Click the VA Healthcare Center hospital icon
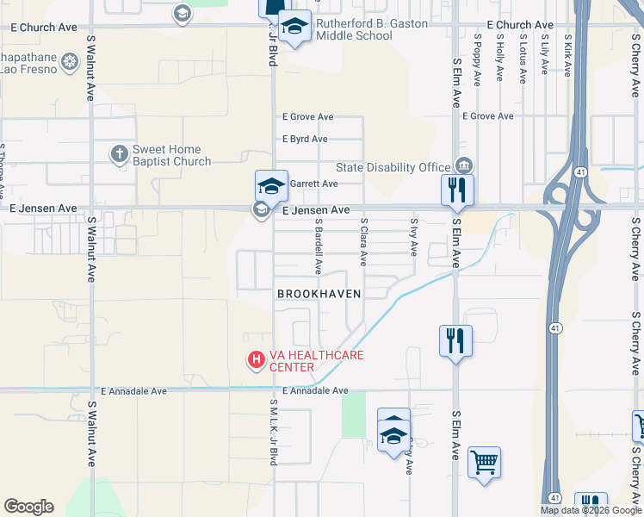point(256,360)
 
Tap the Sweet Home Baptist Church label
point(171,155)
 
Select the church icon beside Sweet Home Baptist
point(120,155)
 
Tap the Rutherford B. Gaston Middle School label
point(371,29)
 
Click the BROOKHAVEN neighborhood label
point(319,294)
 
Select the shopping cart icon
point(484,462)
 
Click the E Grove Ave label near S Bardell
point(307,116)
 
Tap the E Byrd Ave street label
point(305,139)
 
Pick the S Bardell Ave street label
point(318,241)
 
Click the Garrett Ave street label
point(313,184)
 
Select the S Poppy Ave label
point(477,60)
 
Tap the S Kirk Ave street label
point(567,55)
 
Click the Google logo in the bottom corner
point(28,507)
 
